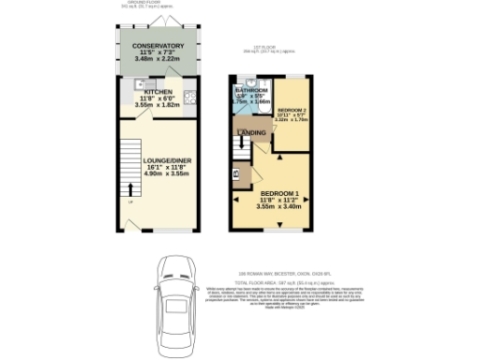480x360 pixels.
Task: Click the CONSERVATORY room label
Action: coord(157,45)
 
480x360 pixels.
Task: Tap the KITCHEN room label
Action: coord(157,90)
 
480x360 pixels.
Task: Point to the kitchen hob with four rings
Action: coord(188,95)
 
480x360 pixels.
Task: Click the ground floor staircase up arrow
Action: coord(131,191)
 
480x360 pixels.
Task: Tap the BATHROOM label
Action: coord(252,90)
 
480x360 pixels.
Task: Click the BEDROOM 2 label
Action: coord(292,110)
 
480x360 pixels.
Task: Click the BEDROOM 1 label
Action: coord(278,192)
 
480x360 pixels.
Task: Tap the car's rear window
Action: coord(174,333)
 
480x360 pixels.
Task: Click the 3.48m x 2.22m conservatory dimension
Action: coord(157,58)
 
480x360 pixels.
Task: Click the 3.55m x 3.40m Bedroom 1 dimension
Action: coord(278,206)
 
